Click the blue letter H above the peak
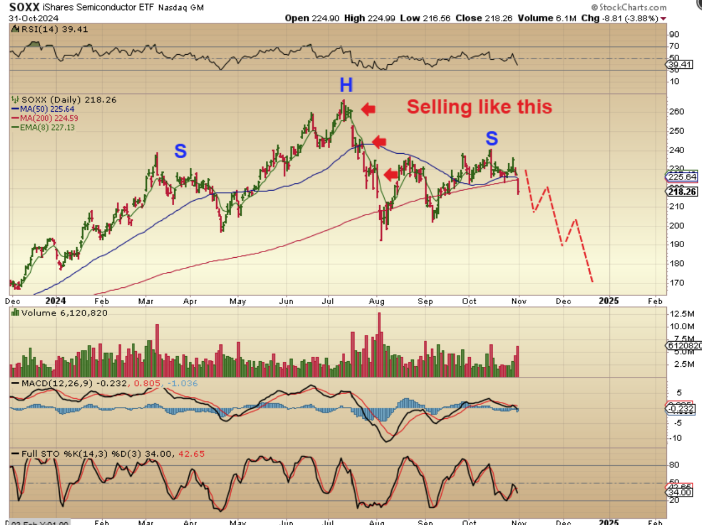tap(346, 85)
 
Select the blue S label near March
tap(180, 150)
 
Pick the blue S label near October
tap(491, 138)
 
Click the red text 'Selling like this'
tap(479, 107)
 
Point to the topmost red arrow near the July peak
tap(368, 109)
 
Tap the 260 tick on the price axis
tap(676, 112)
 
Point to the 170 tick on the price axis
tap(676, 282)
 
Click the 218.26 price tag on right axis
tap(681, 191)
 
